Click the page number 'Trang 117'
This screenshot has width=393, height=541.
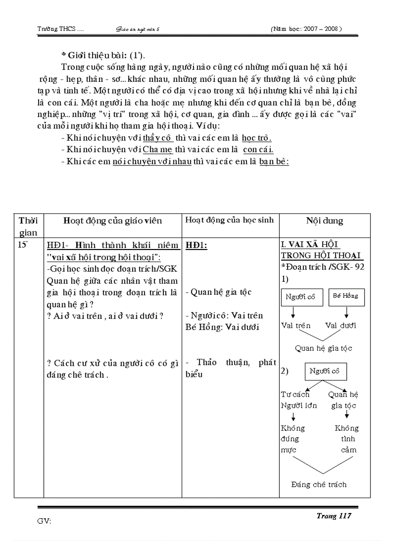click(333, 516)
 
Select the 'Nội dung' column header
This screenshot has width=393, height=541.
click(325, 221)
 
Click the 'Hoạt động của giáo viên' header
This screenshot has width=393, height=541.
click(113, 221)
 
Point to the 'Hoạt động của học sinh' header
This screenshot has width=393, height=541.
click(229, 220)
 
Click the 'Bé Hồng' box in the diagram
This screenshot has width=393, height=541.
click(346, 296)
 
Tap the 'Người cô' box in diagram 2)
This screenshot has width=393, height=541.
click(325, 371)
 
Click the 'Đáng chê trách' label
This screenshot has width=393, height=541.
click(319, 485)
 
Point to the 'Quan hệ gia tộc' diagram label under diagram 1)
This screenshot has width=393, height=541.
click(324, 348)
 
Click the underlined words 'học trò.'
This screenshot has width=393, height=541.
click(257, 138)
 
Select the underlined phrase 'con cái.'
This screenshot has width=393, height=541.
click(258, 150)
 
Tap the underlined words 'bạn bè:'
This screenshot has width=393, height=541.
click(274, 162)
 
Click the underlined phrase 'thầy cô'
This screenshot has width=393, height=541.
click(158, 138)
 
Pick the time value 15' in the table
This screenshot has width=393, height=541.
click(23, 244)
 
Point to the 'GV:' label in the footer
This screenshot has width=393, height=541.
click(44, 521)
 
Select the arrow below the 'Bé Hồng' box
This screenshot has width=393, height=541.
click(346, 314)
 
